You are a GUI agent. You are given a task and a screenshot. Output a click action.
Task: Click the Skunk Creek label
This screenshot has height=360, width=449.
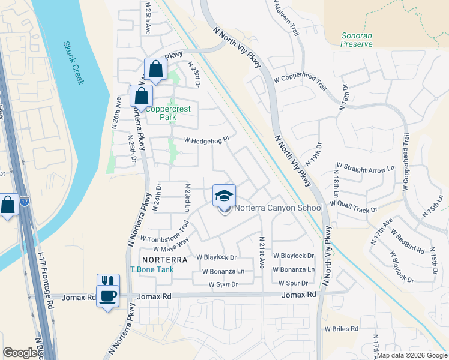click(x=73, y=63)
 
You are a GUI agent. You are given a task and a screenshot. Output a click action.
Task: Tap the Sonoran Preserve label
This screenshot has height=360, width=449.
click(x=357, y=40)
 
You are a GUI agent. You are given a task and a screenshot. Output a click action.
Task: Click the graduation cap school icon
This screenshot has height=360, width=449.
click(x=224, y=196)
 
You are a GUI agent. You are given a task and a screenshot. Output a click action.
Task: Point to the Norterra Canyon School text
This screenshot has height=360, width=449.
click(x=278, y=208)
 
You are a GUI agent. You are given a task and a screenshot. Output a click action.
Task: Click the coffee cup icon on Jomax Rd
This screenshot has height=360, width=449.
click(x=108, y=296)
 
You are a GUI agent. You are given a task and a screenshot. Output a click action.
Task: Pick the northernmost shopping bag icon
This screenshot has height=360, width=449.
click(x=155, y=69)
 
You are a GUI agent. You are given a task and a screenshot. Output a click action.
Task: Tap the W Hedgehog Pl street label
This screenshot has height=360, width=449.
click(x=206, y=140)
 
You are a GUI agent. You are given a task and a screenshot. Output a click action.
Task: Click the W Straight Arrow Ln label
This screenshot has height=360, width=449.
click(x=360, y=170)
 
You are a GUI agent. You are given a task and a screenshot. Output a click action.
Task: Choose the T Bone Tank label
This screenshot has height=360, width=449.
click(x=152, y=269)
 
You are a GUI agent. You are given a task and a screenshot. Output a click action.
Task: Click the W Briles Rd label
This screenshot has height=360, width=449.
click(x=341, y=329)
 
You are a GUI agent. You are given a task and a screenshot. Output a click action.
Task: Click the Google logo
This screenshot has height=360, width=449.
click(x=20, y=353)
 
